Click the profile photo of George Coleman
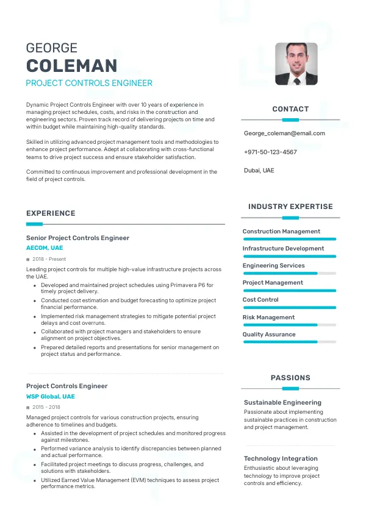click(x=296, y=63)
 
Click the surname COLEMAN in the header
click(x=71, y=66)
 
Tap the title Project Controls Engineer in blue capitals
click(x=89, y=83)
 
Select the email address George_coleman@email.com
click(x=284, y=133)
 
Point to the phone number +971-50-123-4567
click(x=270, y=152)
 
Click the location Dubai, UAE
click(x=259, y=171)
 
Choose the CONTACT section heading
click(x=290, y=109)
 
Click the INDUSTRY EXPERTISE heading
click(x=290, y=207)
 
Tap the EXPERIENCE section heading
click(x=51, y=213)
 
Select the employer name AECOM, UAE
click(x=45, y=248)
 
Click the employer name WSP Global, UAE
click(x=51, y=397)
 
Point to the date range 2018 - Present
click(x=50, y=259)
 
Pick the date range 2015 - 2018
click(x=46, y=407)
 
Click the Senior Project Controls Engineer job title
click(x=77, y=238)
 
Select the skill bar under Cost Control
click(x=290, y=307)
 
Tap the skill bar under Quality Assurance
click(x=290, y=342)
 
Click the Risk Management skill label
click(x=268, y=317)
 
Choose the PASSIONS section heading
click(x=290, y=378)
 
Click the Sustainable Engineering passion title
click(x=282, y=403)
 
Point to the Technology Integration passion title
click(x=281, y=458)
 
